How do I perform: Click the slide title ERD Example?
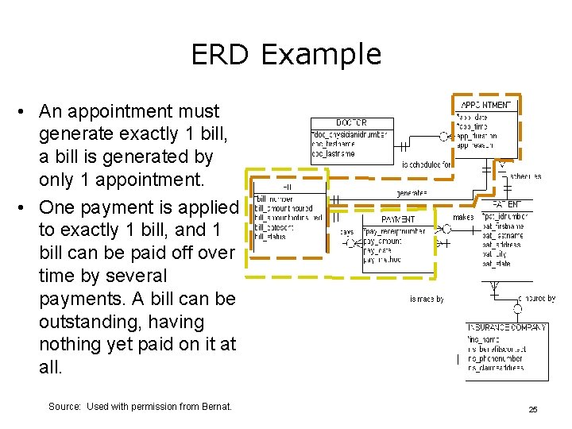286,54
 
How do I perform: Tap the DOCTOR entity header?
350,123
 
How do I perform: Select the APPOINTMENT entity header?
486,105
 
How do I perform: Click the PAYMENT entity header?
397,219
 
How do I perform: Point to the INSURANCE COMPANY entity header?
506,327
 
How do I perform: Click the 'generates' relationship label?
412,193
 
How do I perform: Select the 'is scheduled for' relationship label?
427,164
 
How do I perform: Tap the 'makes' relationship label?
462,217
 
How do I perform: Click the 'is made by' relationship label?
427,299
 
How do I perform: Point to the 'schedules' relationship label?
525,176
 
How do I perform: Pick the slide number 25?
533,409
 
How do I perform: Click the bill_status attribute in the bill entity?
271,236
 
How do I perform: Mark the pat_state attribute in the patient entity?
497,264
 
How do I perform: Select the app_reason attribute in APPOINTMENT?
475,145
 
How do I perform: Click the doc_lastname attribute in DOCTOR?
334,153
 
